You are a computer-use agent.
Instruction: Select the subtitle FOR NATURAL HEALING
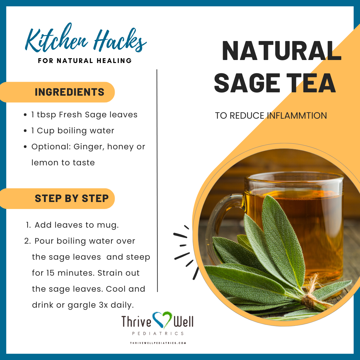click(85, 61)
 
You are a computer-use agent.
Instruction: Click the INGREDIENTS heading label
click(69, 92)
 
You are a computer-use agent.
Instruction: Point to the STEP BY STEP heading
click(72, 198)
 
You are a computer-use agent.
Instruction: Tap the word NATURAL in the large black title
click(281, 51)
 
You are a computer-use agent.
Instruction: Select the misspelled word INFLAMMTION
click(297, 115)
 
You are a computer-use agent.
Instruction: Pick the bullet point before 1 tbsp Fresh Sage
click(25, 115)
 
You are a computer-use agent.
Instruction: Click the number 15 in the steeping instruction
click(50, 273)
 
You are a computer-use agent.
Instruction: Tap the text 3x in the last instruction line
click(103, 305)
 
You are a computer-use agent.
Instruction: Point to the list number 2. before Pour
click(28, 241)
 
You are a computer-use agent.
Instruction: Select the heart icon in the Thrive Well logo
click(162, 320)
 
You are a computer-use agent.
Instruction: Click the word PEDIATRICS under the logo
click(158, 333)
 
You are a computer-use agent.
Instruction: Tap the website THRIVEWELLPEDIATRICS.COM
click(158, 343)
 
